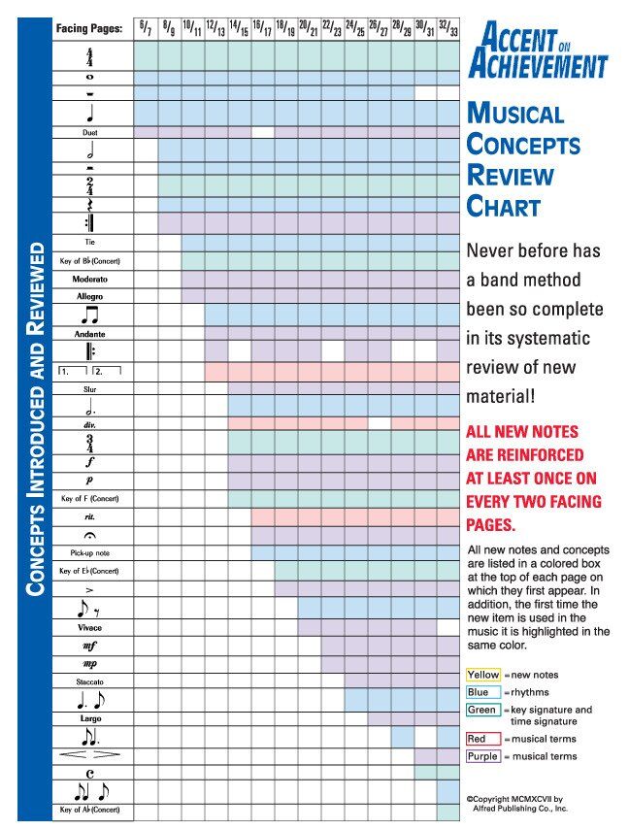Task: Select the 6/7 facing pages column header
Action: click(145, 27)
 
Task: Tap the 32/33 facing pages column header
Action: click(447, 27)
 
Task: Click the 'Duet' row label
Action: click(89, 132)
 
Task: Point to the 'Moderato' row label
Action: click(89, 279)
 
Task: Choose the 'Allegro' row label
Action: click(89, 296)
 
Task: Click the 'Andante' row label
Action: click(89, 333)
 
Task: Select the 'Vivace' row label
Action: click(89, 627)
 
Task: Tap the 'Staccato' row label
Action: click(89, 681)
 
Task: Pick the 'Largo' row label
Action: click(89, 718)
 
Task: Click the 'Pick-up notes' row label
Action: click(89, 552)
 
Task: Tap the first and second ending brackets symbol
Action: click(89, 371)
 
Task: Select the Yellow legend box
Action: click(482, 675)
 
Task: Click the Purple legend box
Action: click(482, 756)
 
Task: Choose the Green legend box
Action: click(482, 710)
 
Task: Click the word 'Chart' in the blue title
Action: click(503, 206)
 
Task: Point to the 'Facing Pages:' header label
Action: click(89, 28)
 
